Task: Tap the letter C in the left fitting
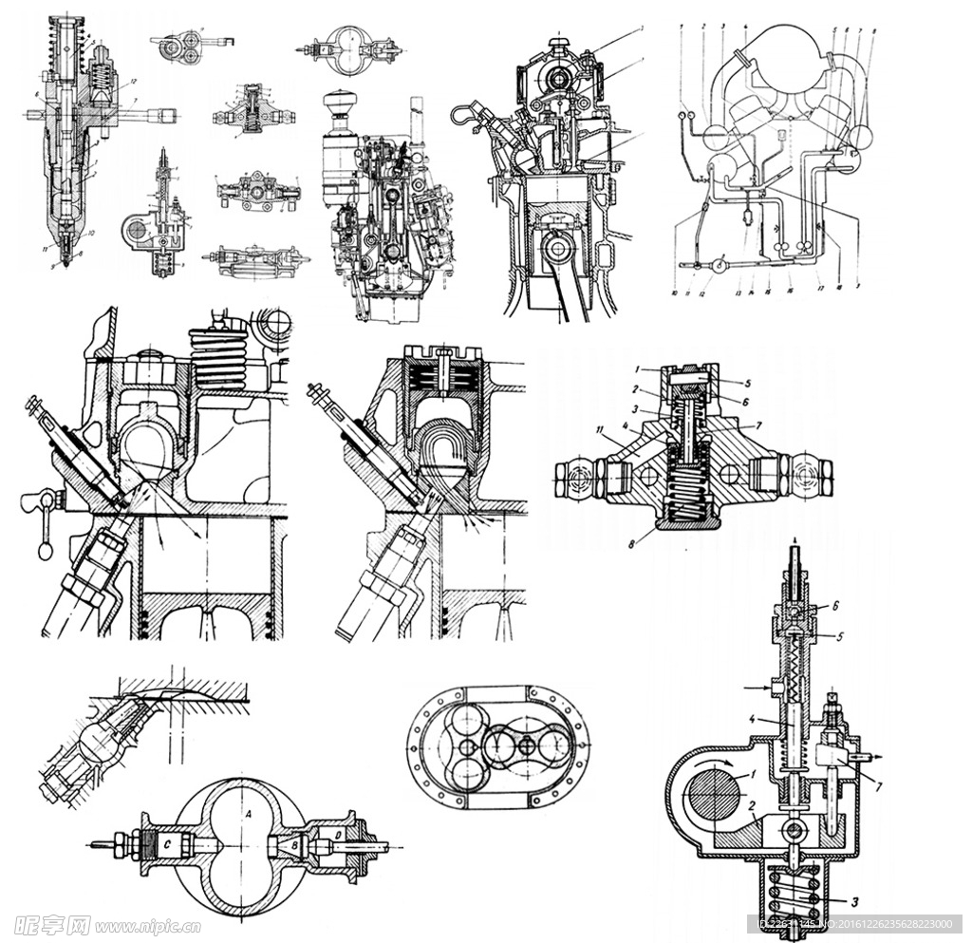pyautogui.click(x=167, y=841)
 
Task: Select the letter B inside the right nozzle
pyautogui.click(x=297, y=842)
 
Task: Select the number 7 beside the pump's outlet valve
pyautogui.click(x=879, y=787)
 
